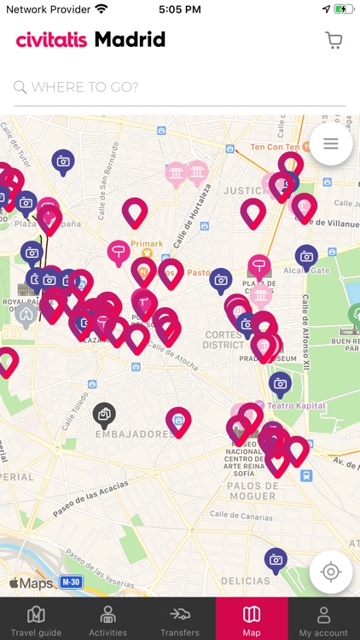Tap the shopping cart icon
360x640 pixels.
point(334,40)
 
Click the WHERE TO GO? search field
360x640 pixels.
point(179,87)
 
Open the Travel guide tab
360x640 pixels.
point(36,620)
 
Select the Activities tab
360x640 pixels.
point(107,620)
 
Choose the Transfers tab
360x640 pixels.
point(179,620)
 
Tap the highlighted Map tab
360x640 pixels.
point(252,620)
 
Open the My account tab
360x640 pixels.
point(323,620)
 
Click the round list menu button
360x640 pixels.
point(331,143)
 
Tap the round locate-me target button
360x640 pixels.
point(331,572)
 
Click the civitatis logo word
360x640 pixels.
point(52,39)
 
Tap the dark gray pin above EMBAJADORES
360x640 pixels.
point(104,414)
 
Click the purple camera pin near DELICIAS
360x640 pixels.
point(276,559)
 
